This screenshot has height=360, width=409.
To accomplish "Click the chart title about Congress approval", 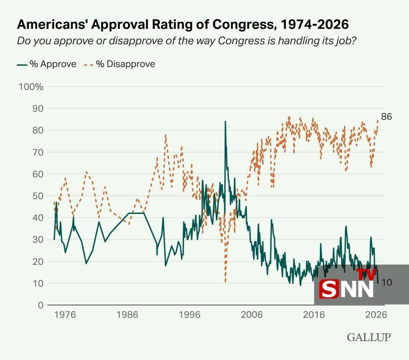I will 183,24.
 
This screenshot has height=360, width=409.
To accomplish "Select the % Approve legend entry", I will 47,64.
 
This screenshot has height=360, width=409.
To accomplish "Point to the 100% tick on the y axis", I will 31,87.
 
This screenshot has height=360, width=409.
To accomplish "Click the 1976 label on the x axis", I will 65,315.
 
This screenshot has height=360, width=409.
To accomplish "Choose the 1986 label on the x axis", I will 127,315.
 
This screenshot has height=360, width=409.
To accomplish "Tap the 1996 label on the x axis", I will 190,315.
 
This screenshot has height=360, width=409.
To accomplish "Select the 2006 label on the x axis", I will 252,315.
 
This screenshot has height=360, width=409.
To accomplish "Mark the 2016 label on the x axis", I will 314,315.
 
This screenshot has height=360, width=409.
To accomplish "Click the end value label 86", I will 387,117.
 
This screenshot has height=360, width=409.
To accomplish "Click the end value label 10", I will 387,283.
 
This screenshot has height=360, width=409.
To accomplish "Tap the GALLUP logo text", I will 369,337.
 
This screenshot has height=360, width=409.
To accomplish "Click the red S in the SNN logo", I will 329,289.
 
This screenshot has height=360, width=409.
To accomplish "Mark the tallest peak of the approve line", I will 225,122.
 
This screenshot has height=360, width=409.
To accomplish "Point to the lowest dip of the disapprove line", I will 225,282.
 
